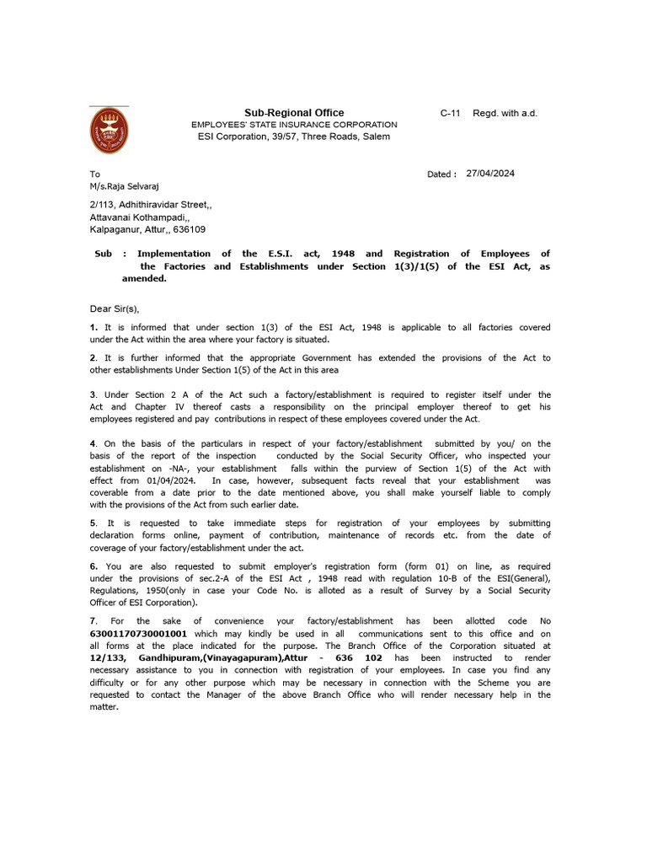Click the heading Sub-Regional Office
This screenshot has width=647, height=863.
coord(294,113)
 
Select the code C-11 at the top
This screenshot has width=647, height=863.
coord(451,113)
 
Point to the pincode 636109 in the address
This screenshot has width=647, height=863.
coord(190,229)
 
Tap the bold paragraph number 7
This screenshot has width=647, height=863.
coord(93,620)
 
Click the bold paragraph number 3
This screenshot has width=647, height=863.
coord(93,394)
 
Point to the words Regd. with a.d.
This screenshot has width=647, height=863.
coord(505,113)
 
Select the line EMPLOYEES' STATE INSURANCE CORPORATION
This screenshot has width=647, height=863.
coord(294,125)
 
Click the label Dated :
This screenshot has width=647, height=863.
coord(441,174)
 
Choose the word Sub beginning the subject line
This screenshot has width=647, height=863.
coord(103,254)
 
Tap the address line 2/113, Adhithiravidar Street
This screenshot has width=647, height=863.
coord(151,204)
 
